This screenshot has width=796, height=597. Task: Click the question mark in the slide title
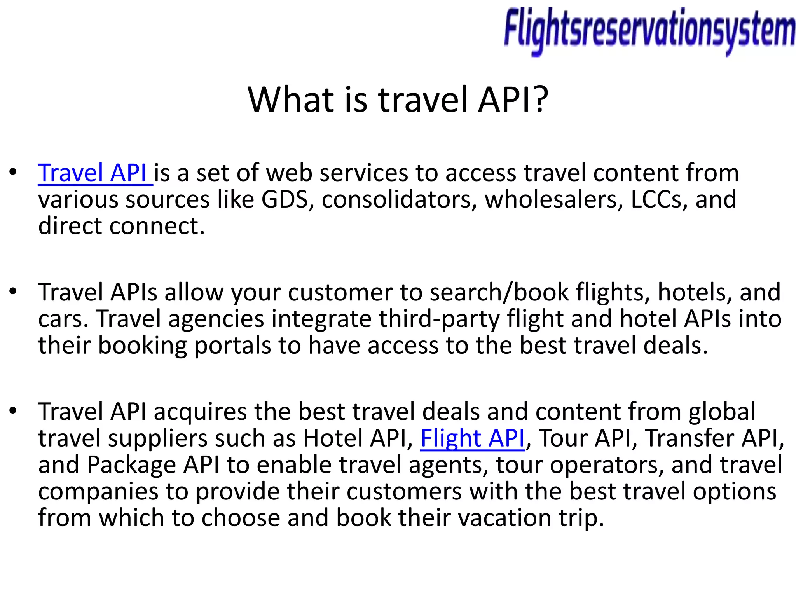pyautogui.click(x=539, y=99)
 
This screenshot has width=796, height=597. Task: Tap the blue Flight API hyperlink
pyautogui.click(x=473, y=438)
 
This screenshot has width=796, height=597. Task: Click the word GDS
pyautogui.click(x=285, y=199)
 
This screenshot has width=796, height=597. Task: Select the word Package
pyautogui.click(x=131, y=465)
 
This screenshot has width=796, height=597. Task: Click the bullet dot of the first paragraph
pyautogui.click(x=13, y=172)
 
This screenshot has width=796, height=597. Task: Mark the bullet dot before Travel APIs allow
pyautogui.click(x=13, y=292)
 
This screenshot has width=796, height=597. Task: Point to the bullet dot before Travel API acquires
pyautogui.click(x=13, y=411)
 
